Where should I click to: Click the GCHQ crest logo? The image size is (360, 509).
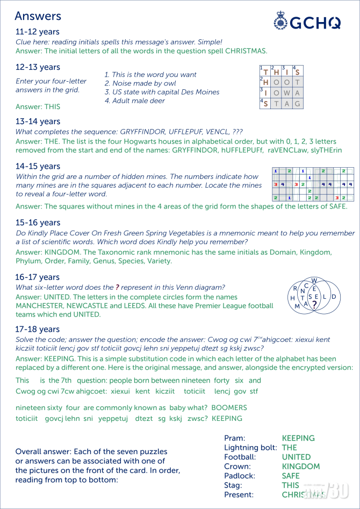click(x=280, y=22)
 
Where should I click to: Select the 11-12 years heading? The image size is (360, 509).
click(x=38, y=32)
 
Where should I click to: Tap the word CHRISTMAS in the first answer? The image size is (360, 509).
click(x=246, y=51)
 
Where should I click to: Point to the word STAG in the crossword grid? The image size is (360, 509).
click(x=281, y=104)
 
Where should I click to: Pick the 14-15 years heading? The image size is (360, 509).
click(x=38, y=166)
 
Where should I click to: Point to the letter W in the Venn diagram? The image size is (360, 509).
click(x=314, y=280)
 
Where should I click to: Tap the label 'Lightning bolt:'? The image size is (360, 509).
click(x=250, y=447)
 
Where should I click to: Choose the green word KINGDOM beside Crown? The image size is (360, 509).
click(x=301, y=467)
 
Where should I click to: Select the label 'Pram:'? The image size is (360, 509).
click(x=235, y=438)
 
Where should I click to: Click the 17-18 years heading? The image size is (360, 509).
click(x=38, y=329)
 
